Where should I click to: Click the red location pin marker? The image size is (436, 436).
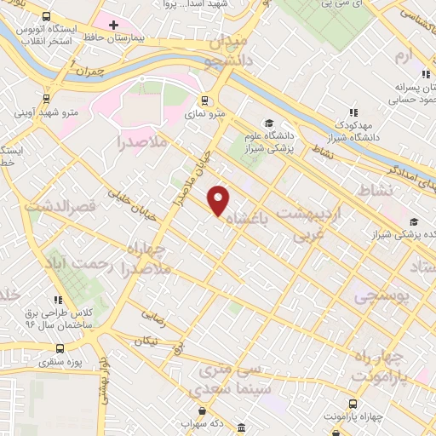click(x=219, y=200)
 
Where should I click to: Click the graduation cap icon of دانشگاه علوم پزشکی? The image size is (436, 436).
click(x=270, y=123)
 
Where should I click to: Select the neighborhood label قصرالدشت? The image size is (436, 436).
click(x=56, y=204)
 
